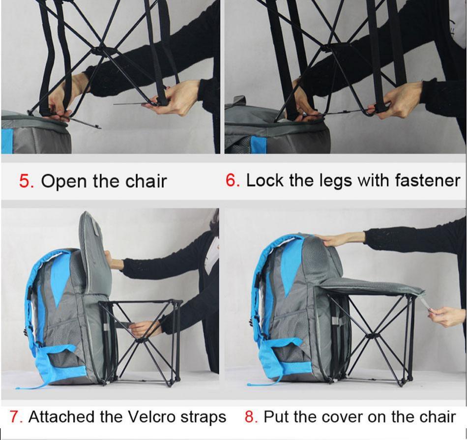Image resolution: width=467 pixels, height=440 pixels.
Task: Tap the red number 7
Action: (x=15, y=417)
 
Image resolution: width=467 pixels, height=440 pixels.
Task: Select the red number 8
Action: (x=250, y=417)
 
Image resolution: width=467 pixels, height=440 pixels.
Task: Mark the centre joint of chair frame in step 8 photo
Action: (x=372, y=336)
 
